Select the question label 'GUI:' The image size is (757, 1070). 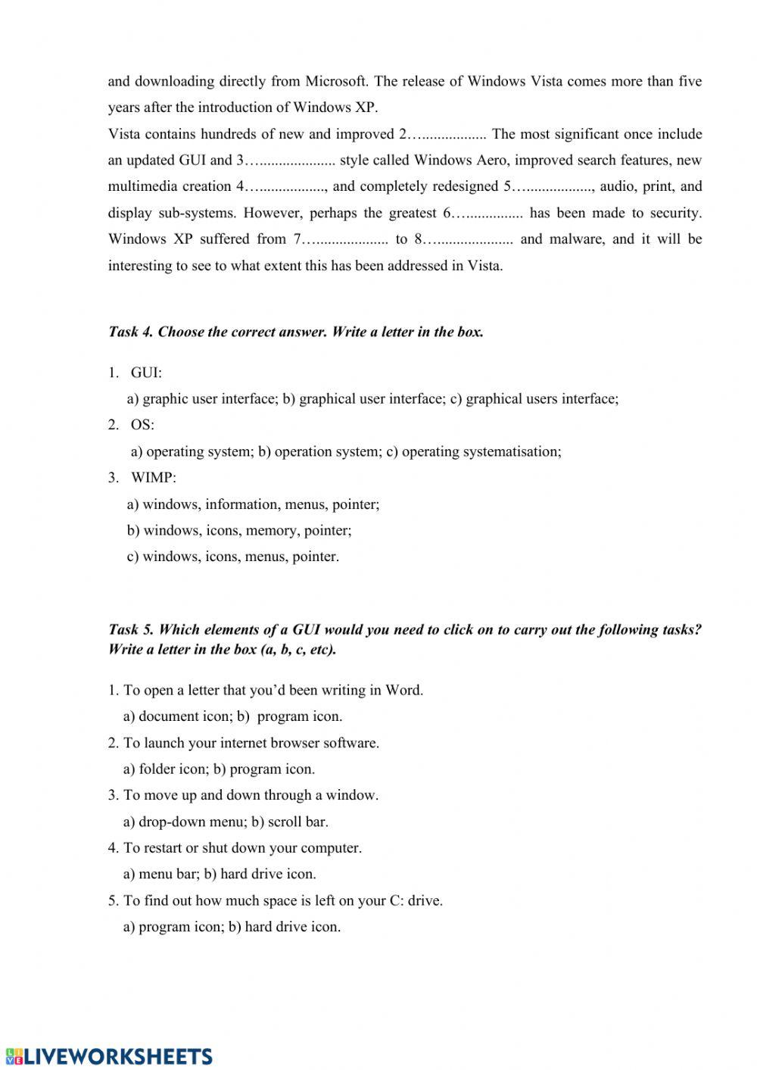click(x=146, y=373)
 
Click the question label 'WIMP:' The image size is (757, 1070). click(x=153, y=478)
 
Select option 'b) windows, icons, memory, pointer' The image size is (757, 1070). click(x=238, y=531)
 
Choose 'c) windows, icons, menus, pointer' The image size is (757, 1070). click(x=232, y=557)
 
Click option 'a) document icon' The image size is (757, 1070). click(x=176, y=716)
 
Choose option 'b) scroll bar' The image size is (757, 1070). click(x=289, y=822)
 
